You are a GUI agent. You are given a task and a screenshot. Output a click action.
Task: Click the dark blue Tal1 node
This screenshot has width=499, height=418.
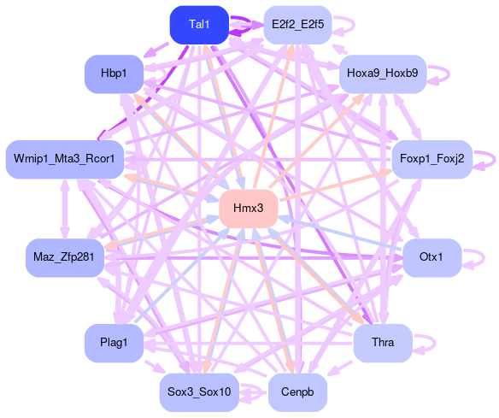(x=199, y=25)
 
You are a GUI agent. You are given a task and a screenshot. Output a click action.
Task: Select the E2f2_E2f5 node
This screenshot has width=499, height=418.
(x=297, y=25)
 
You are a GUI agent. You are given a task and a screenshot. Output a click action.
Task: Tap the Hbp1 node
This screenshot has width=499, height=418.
(x=114, y=74)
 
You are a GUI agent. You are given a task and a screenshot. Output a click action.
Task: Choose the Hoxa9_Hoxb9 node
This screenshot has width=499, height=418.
(x=383, y=74)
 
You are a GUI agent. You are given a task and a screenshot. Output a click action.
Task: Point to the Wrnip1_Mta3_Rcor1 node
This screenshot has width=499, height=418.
(x=65, y=159)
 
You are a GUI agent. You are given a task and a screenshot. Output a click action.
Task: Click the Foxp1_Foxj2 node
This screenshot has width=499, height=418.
(x=431, y=159)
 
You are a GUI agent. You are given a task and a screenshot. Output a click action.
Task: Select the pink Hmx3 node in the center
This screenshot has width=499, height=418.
(x=249, y=209)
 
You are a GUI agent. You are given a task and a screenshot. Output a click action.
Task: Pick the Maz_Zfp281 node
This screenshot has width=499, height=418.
(x=65, y=257)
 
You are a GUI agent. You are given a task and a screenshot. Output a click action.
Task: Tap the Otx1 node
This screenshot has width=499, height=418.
(x=431, y=257)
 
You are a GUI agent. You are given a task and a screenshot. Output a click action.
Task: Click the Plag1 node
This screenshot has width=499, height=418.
(x=114, y=343)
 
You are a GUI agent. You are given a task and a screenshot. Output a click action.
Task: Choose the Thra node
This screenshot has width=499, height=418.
(x=383, y=343)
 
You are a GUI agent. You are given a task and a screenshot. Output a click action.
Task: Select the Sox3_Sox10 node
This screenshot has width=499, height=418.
(x=199, y=392)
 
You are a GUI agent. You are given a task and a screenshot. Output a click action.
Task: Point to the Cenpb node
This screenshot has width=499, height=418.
(x=297, y=392)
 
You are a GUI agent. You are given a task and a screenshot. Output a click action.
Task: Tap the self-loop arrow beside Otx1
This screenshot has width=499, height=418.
(x=484, y=257)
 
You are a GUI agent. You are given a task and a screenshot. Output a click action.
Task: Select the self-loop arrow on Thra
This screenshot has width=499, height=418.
(x=434, y=343)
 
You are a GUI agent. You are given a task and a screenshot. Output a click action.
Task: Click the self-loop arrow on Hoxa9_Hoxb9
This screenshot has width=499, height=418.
(x=449, y=74)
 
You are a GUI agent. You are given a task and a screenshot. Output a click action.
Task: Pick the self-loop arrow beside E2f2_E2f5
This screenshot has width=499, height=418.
(x=354, y=25)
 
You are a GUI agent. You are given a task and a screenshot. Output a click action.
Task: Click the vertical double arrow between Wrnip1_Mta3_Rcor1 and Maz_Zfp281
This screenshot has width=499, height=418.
(x=65, y=209)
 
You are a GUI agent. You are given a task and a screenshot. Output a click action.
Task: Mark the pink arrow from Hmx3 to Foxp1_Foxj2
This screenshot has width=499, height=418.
(x=336, y=185)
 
